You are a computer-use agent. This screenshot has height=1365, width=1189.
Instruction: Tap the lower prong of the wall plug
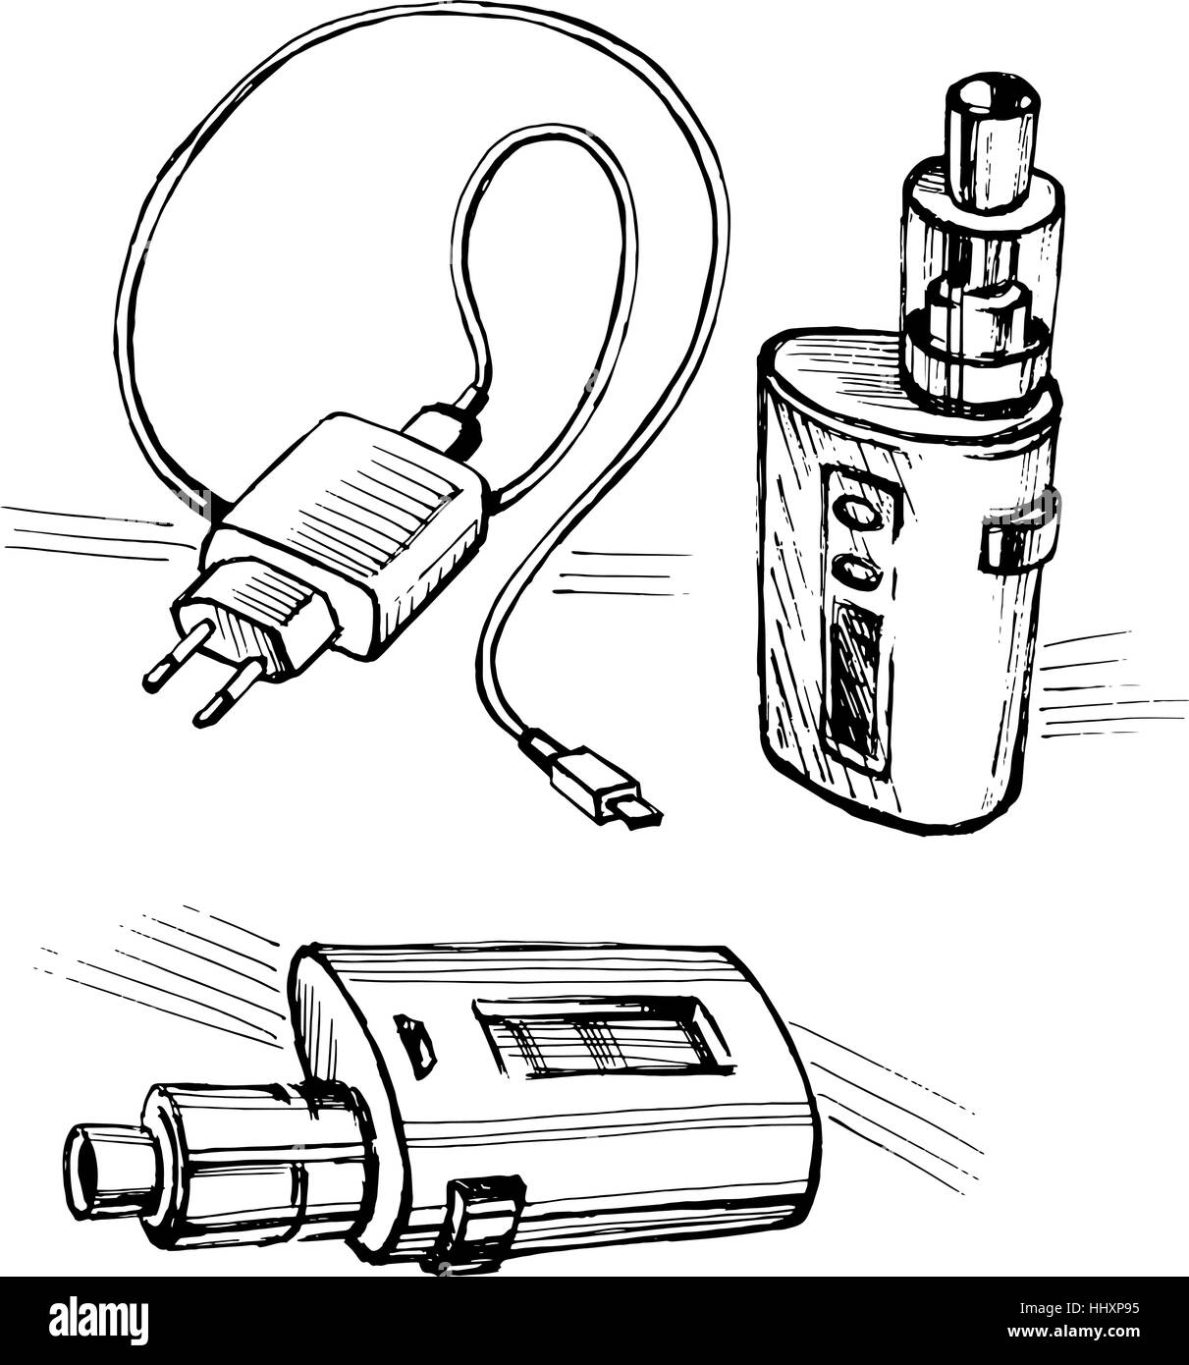[x=223, y=701]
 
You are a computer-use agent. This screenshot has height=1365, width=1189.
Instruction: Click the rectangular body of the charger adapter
[x=347, y=521]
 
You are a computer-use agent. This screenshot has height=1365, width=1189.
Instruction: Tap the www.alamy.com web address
[x=1072, y=1332]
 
